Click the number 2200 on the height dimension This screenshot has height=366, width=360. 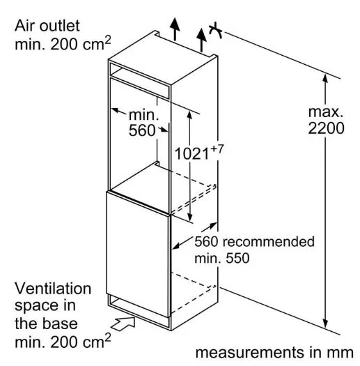point(326,128)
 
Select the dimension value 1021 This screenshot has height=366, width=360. point(191,154)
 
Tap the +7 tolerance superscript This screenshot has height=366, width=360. point(217,149)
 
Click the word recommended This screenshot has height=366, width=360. point(268,241)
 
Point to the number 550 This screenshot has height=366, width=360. point(237,258)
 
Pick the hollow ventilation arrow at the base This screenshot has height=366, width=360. point(123,323)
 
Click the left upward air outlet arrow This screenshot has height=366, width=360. point(175,29)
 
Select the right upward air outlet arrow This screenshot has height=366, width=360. point(201,40)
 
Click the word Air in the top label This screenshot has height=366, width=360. point(24,26)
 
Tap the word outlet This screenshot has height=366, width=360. point(59,26)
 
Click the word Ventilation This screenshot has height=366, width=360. point(53,289)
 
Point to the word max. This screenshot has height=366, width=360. point(326,112)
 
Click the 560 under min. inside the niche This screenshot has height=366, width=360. point(142,130)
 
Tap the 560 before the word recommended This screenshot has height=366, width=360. point(206,241)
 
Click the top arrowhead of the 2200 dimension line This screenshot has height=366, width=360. point(325,78)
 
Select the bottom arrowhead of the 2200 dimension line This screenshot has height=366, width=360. point(325,323)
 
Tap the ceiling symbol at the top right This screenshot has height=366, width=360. point(216,30)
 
